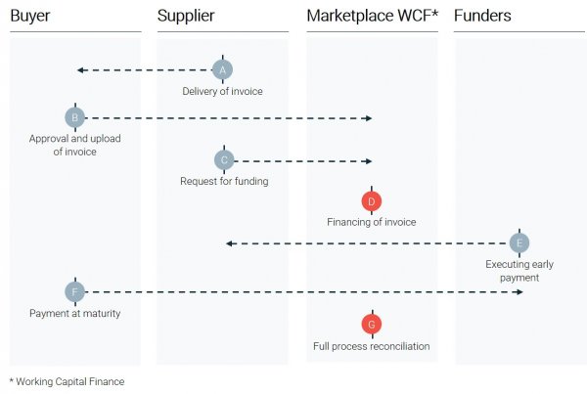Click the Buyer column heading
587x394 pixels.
tap(30, 16)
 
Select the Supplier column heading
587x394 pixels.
tap(186, 16)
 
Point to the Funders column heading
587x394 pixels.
tap(482, 16)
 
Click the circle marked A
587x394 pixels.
tap(223, 69)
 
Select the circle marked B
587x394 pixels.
tap(75, 118)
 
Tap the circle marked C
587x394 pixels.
tap(223, 159)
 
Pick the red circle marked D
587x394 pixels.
tap(371, 201)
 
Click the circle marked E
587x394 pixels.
tap(519, 242)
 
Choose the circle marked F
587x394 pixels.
tap(75, 291)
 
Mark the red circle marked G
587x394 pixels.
tap(371, 325)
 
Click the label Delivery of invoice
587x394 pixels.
tap(223, 92)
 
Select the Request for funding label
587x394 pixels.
tap(224, 181)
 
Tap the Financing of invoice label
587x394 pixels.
tap(371, 222)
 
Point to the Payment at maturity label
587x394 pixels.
tap(75, 313)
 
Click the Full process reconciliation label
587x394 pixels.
tap(371, 346)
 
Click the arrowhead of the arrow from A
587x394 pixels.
tap(81, 69)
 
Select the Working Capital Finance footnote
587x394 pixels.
tap(67, 381)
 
